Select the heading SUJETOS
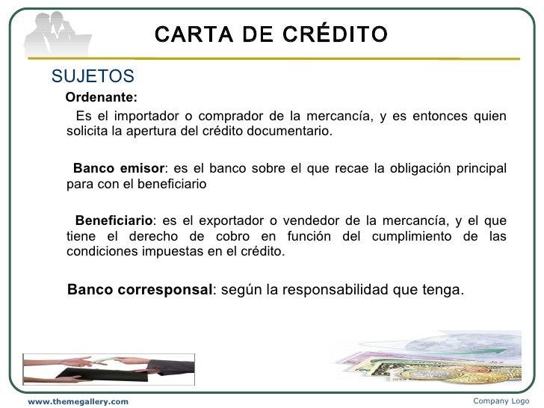pyautogui.click(x=92, y=76)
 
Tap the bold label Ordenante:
pyautogui.click(x=102, y=97)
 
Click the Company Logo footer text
pyautogui.click(x=501, y=401)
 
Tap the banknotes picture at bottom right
pyautogui.click(x=441, y=359)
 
